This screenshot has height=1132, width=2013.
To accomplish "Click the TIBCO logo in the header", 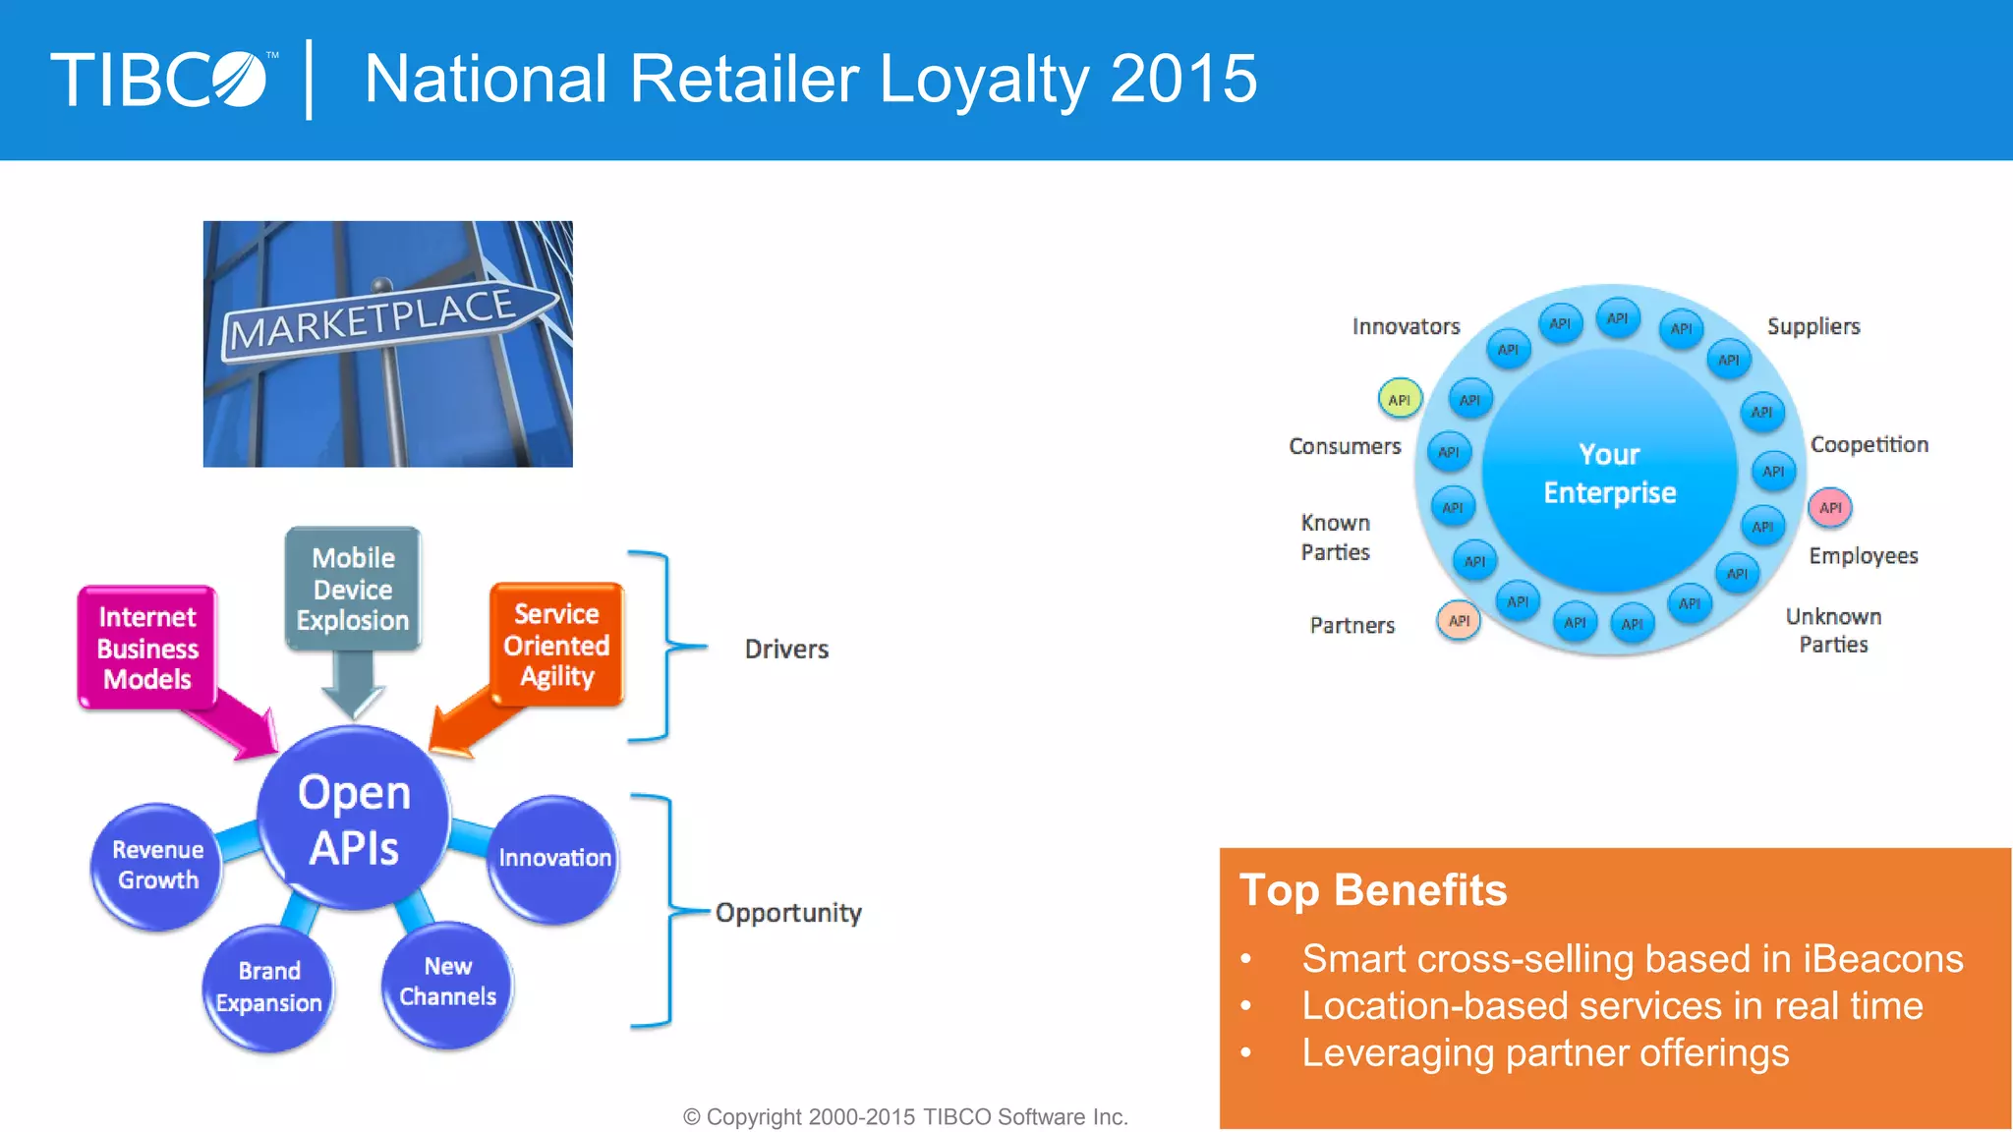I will point(159,80).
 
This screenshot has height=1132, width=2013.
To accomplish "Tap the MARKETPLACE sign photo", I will point(387,343).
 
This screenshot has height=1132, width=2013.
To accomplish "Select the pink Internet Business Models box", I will point(147,648).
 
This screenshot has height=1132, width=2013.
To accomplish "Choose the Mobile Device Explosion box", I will point(353,589).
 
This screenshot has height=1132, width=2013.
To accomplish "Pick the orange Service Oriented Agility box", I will point(556,645).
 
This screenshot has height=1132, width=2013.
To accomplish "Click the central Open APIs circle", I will point(354,820).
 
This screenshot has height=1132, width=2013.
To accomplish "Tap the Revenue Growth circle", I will point(157,866).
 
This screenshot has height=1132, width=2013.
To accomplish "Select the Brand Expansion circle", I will point(268,987).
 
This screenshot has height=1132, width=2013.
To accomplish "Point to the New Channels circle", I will point(447,982).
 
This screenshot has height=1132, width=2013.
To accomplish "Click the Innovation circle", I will point(554,858).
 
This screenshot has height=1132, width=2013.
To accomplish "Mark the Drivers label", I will point(786,650).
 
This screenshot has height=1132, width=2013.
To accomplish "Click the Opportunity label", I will point(788,913).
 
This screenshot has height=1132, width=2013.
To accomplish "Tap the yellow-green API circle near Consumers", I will point(1399,400).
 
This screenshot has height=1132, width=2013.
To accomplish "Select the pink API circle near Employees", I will point(1830,508).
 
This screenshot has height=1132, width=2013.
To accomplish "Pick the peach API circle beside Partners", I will point(1459,621).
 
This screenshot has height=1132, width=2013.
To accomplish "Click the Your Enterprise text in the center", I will point(1610,474).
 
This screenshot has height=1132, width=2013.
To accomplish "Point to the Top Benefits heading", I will point(1373,890).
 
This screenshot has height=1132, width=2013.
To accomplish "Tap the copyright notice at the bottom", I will point(905,1117).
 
